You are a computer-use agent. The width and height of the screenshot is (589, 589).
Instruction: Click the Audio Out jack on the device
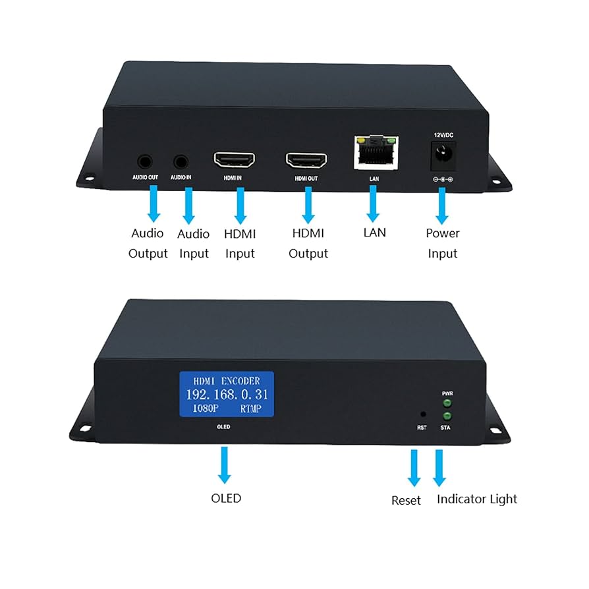click(144, 160)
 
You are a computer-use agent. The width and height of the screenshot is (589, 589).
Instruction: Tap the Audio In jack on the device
click(181, 160)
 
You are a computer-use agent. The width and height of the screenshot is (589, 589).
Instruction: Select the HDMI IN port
click(234, 159)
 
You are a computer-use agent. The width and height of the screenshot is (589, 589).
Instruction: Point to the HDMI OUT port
click(306, 160)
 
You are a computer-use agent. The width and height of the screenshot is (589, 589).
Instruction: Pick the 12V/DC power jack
click(442, 157)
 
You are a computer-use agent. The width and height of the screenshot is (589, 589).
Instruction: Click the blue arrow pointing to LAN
click(373, 204)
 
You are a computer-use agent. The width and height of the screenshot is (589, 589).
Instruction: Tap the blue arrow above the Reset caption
click(414, 468)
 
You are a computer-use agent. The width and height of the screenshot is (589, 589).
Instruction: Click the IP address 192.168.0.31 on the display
click(226, 394)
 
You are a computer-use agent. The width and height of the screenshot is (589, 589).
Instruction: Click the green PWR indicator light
click(448, 403)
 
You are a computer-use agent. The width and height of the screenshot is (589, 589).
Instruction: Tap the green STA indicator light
click(448, 416)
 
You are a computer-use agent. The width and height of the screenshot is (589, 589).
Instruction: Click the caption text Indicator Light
click(477, 499)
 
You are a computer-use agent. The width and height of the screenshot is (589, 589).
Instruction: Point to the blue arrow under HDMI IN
click(240, 205)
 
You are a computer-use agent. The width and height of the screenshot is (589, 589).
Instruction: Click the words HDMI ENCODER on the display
click(226, 381)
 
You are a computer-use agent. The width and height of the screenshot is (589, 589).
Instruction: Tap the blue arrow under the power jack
click(442, 205)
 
